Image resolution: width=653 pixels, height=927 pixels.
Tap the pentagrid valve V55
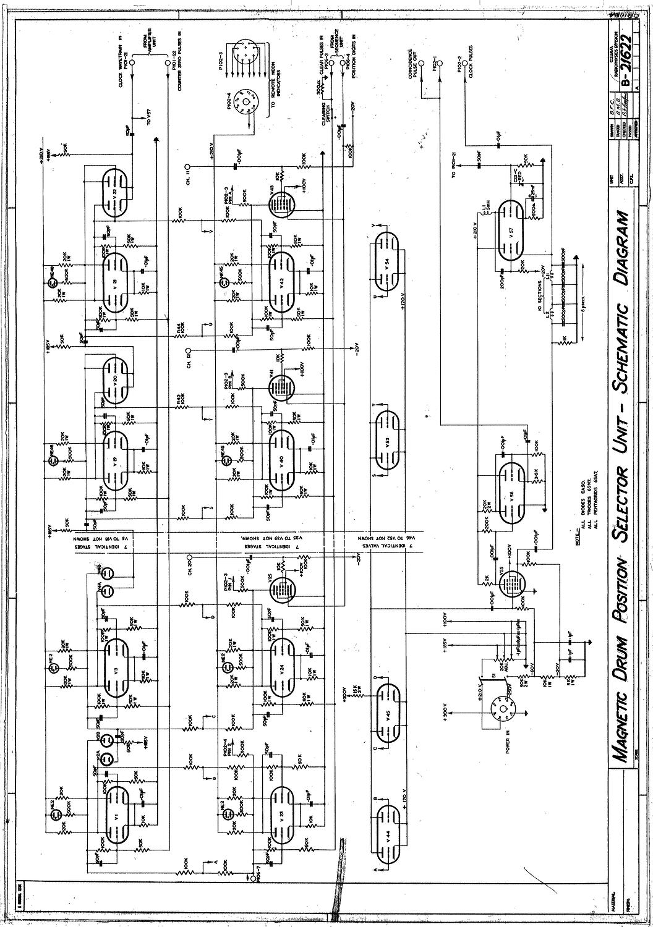click(x=511, y=582)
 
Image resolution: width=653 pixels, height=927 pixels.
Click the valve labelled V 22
click(x=116, y=191)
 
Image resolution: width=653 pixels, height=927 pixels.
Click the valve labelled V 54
click(x=386, y=261)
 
